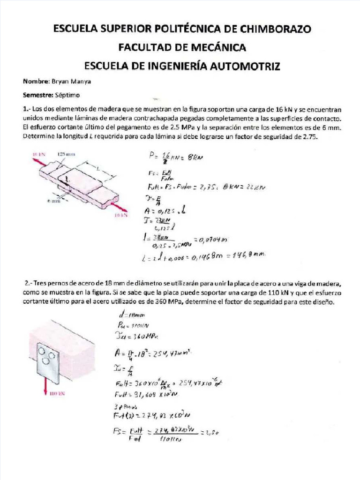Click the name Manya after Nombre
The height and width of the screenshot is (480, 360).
81,81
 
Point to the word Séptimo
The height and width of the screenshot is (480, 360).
66,95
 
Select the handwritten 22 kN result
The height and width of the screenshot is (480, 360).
256,187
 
